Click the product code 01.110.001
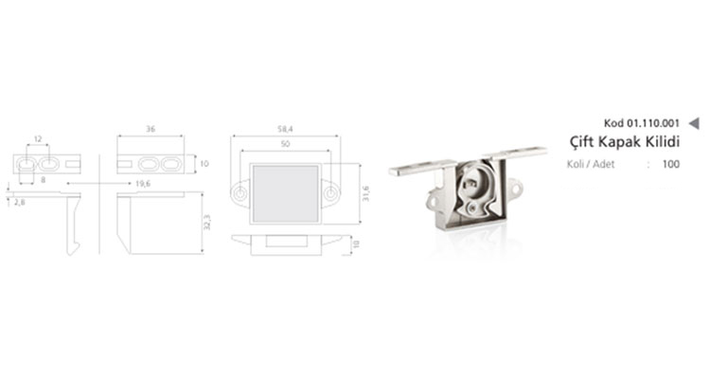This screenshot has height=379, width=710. tap(653, 123)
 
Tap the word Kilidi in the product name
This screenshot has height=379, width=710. tap(664, 141)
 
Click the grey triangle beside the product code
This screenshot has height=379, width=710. tap(694, 123)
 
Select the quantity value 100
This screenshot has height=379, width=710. tap(671, 164)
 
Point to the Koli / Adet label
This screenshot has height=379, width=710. tap(591, 164)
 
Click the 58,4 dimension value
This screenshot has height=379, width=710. tap(285, 129)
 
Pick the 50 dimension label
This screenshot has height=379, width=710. tap(285, 144)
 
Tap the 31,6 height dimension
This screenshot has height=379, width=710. tap(365, 193)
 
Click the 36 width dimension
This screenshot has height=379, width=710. tap(151, 129)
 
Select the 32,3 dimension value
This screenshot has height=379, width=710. tap(207, 222)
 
